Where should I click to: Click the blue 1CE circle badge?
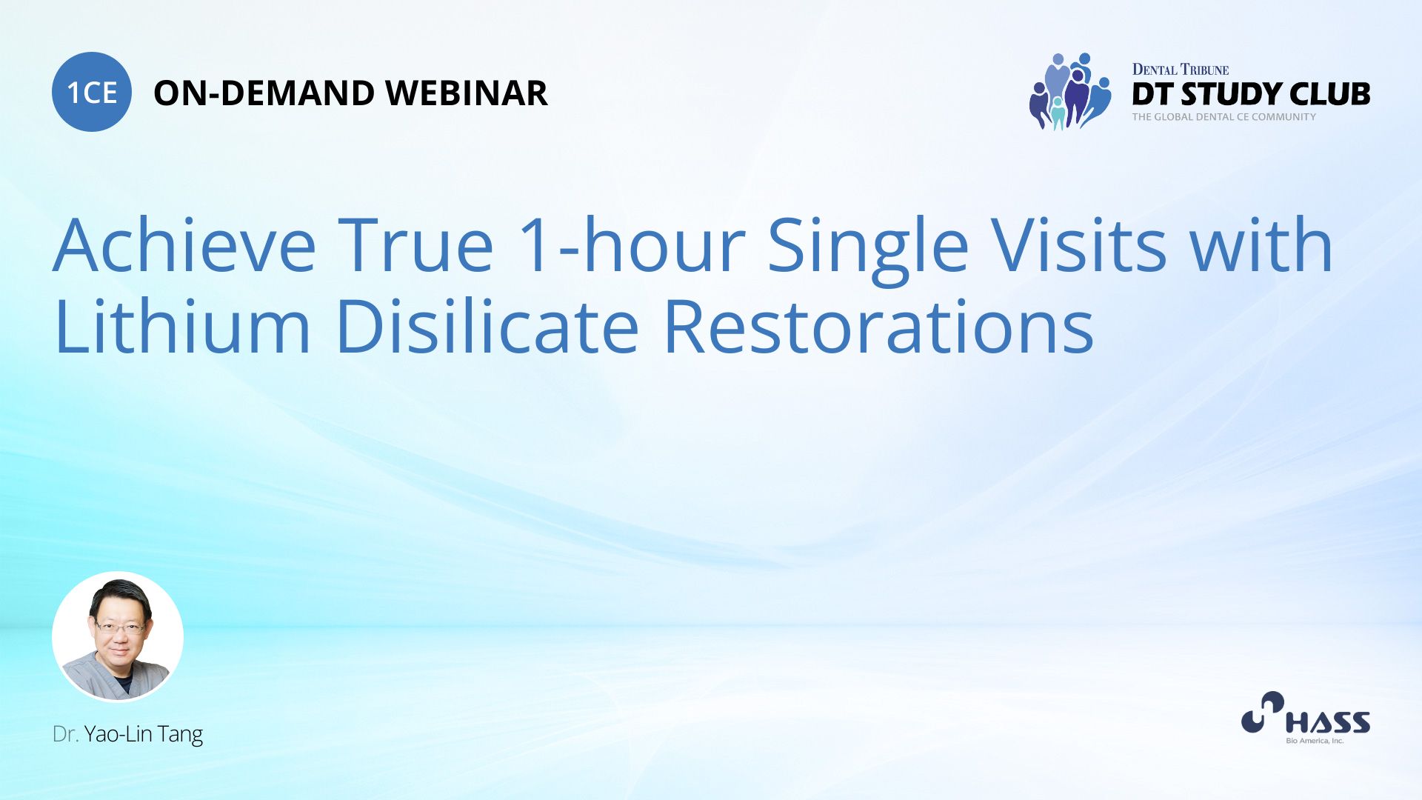tap(92, 92)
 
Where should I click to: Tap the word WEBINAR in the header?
tap(467, 93)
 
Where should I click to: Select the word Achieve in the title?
tap(184, 245)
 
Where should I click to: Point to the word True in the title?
tap(415, 245)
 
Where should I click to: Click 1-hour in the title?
tap(632, 245)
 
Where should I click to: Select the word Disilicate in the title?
tap(487, 325)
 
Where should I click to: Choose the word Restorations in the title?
tap(879, 325)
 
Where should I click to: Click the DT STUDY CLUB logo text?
tap(1251, 94)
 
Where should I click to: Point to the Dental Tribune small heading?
tap(1181, 70)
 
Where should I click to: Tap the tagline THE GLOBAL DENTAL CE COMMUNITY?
tap(1224, 117)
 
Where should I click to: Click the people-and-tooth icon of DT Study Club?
tap(1070, 91)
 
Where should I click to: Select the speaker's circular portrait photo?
tap(118, 636)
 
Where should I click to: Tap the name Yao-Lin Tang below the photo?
tap(144, 734)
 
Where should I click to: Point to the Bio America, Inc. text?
tap(1315, 741)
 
